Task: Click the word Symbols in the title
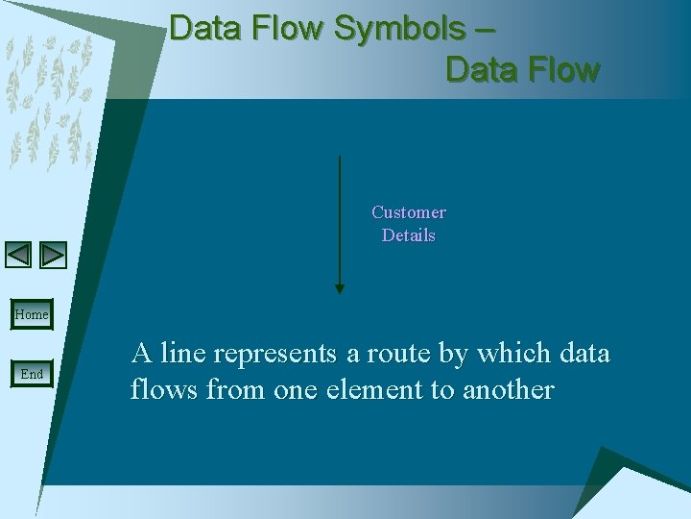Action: (398, 29)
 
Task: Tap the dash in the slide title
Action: (485, 29)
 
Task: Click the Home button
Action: (32, 314)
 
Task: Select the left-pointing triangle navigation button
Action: (18, 255)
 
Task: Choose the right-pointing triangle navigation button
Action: (54, 255)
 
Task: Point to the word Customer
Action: (409, 212)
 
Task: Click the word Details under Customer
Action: (409, 235)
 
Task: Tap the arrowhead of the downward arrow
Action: (339, 287)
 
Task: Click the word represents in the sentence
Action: (275, 354)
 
